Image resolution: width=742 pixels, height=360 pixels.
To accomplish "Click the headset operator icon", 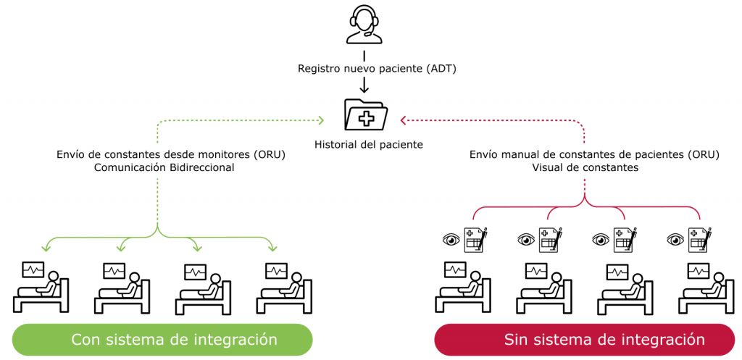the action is tap(364, 25).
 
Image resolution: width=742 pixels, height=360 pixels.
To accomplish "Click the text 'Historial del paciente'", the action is tap(368, 144).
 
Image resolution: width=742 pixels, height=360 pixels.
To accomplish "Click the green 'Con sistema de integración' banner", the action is tap(162, 339).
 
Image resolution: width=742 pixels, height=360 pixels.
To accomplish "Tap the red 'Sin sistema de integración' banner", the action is tap(584, 339).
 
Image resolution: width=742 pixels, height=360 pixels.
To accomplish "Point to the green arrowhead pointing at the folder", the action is tap(321, 120).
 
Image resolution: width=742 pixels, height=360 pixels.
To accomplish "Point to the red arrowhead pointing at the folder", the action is tap(404, 120).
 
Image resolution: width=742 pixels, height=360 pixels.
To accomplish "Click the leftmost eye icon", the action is tap(451, 239).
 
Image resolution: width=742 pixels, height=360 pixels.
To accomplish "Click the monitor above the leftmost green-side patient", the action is tap(33, 270).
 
